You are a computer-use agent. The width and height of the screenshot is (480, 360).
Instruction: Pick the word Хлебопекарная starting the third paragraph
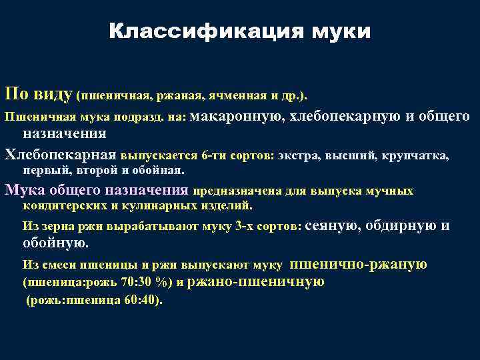61,156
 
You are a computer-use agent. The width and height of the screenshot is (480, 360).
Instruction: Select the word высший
352,157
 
